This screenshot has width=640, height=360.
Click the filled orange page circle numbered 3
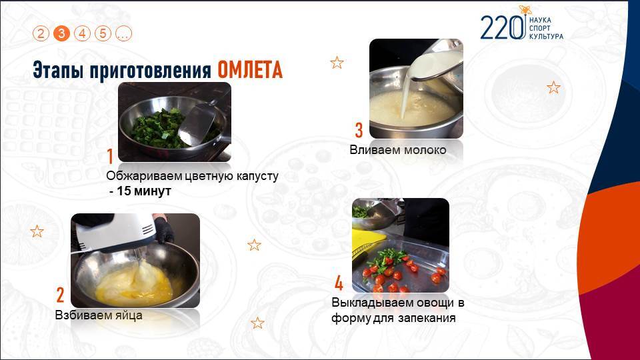(x=61, y=33)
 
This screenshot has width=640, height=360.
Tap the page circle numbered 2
(x=41, y=33)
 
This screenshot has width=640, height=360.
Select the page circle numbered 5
(x=103, y=33)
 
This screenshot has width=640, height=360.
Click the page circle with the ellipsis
(x=124, y=33)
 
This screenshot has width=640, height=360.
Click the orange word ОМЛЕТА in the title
(x=250, y=70)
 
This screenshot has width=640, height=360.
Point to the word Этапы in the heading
(x=59, y=70)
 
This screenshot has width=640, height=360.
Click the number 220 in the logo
(x=503, y=28)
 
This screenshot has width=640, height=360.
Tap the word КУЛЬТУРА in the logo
(x=546, y=36)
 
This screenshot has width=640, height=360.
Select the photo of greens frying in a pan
(x=175, y=122)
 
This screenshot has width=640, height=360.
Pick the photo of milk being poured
(x=416, y=89)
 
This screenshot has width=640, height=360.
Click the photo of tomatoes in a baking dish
(x=401, y=245)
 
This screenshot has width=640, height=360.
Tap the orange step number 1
(x=110, y=156)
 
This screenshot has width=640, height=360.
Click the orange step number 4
(x=339, y=283)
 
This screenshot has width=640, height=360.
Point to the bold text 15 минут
(x=144, y=191)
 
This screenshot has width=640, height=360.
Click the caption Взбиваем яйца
(x=99, y=315)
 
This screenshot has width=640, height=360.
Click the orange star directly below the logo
(x=553, y=87)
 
